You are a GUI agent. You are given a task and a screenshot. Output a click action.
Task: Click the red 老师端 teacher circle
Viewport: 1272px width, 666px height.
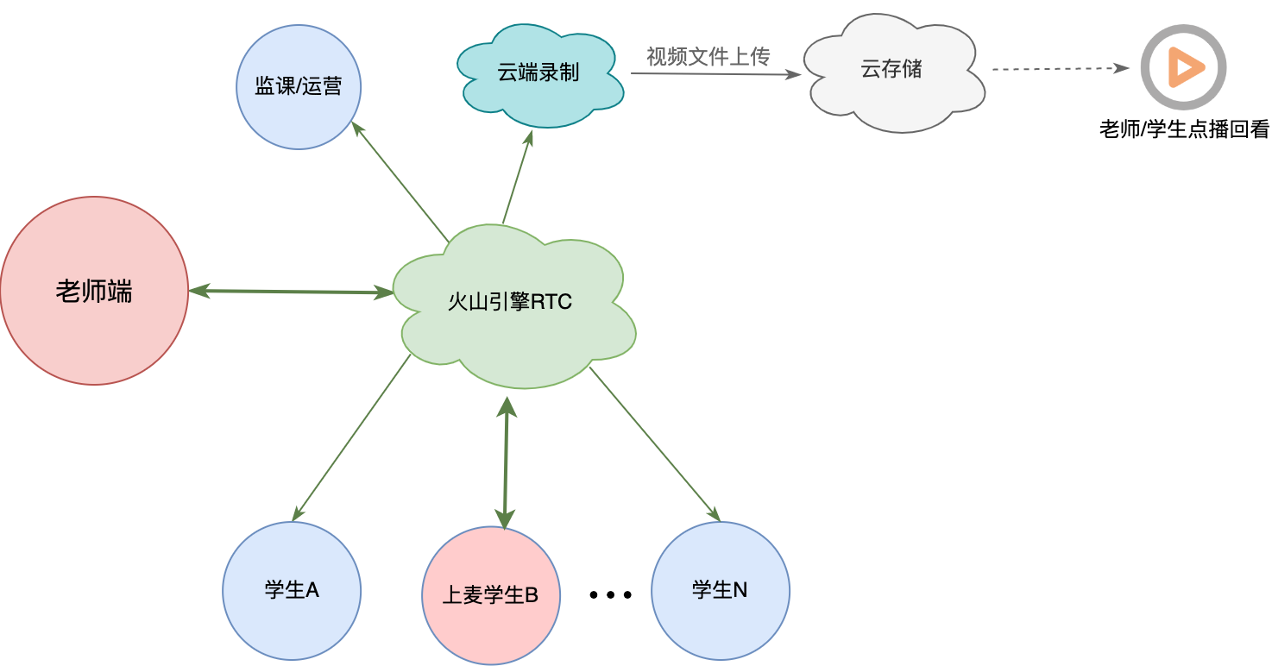pyautogui.click(x=94, y=291)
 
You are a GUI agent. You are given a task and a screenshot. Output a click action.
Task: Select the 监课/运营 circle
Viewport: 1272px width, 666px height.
pyautogui.click(x=299, y=87)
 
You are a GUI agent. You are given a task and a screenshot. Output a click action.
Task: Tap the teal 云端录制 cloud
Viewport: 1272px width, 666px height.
pyautogui.click(x=539, y=75)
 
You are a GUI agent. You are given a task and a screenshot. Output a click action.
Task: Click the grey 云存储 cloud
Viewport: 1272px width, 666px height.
pyautogui.click(x=894, y=72)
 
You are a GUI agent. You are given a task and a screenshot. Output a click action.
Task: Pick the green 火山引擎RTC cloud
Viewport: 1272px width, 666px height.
pyautogui.click(x=514, y=306)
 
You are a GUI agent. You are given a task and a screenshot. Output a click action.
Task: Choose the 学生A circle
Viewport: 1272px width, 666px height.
pyautogui.click(x=292, y=590)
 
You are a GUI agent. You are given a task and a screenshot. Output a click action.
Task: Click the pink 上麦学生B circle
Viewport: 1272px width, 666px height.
pyautogui.click(x=491, y=595)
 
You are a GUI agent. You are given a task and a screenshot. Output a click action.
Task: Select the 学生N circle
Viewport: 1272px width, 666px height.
pyautogui.click(x=721, y=590)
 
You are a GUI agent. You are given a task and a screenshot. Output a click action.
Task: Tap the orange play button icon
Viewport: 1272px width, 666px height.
pyautogui.click(x=1184, y=67)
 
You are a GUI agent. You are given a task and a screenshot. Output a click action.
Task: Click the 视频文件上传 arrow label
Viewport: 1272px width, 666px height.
pyautogui.click(x=708, y=56)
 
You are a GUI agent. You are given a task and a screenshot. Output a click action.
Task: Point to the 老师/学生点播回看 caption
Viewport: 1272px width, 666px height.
pyautogui.click(x=1185, y=129)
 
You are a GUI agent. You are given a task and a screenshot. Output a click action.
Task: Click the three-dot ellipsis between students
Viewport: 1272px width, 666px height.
pyautogui.click(x=610, y=594)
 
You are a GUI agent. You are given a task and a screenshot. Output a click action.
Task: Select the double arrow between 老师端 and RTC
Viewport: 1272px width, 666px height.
pyautogui.click(x=291, y=292)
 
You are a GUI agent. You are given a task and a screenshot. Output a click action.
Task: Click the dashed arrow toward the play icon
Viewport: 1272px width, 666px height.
pyautogui.click(x=1061, y=69)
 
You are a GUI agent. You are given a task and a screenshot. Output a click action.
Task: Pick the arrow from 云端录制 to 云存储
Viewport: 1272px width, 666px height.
pyautogui.click(x=715, y=73)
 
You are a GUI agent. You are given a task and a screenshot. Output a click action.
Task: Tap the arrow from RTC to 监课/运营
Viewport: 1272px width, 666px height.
pyautogui.click(x=400, y=182)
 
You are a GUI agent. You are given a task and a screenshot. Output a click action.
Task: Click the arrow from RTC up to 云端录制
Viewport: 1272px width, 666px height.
pyautogui.click(x=517, y=177)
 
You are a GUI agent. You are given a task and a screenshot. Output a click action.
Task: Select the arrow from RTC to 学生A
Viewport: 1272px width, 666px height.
pyautogui.click(x=351, y=437)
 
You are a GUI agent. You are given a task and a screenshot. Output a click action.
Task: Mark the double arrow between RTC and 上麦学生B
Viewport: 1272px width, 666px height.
pyautogui.click(x=506, y=463)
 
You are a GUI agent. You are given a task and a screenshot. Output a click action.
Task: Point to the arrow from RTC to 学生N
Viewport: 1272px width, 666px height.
pyautogui.click(x=655, y=444)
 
